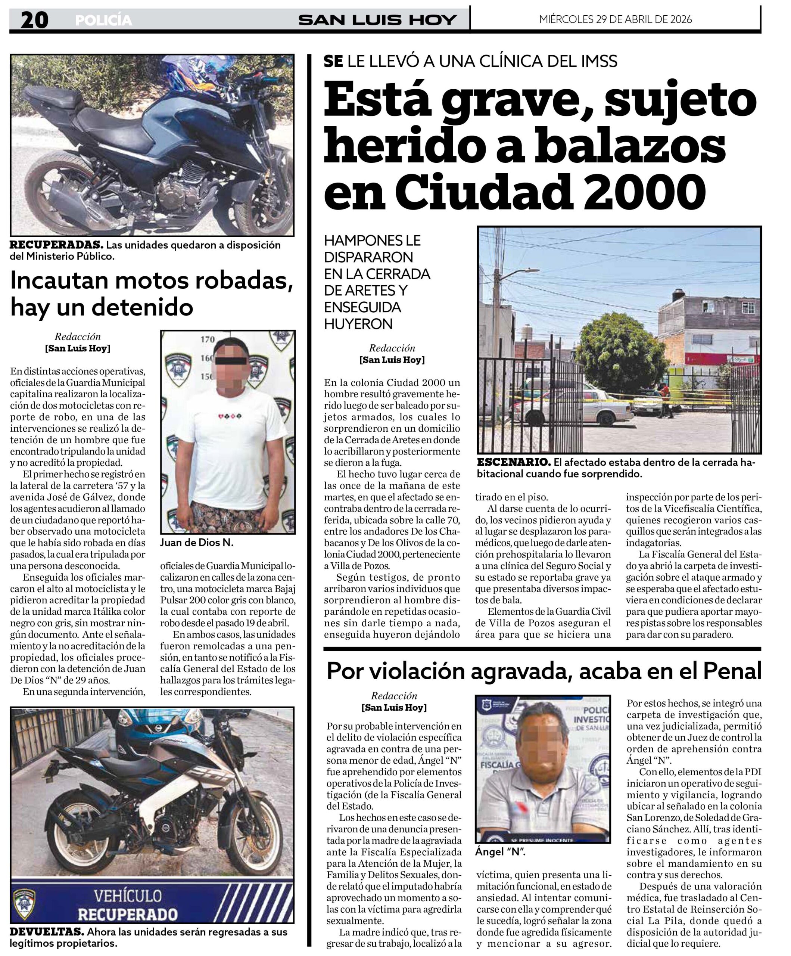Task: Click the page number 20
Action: point(34,20)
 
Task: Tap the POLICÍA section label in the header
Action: point(103,21)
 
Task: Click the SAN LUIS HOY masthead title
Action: point(377,20)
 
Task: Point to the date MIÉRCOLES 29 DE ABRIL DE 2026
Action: point(615,19)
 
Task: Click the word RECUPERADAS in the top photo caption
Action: point(56,245)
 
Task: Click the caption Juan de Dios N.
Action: point(197,542)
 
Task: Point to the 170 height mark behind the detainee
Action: point(208,339)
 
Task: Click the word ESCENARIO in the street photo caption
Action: point(513,462)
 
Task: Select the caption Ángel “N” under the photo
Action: point(500,852)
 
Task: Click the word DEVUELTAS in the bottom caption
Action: point(46,932)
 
